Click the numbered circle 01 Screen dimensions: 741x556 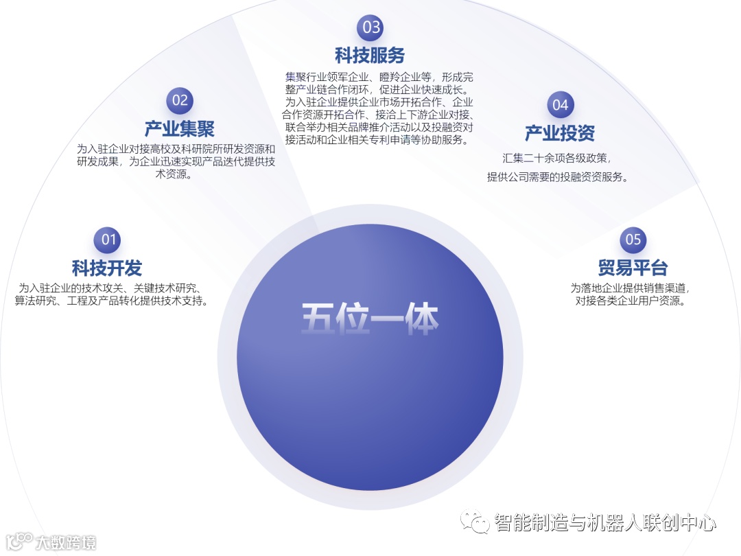coord(109,240)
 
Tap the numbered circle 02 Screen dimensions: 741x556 coord(180,100)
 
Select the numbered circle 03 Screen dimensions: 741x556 coord(370,27)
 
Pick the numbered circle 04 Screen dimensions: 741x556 coord(561,105)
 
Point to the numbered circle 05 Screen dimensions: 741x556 coord(633,240)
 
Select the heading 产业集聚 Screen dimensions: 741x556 coord(180,128)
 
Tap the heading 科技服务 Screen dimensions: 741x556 coord(370,55)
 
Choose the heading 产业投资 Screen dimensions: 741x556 coord(560,133)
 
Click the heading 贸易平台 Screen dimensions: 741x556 coord(633,268)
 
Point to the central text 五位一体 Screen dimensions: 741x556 coord(370,319)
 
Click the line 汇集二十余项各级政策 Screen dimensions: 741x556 coord(556,159)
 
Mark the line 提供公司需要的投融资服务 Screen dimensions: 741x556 coord(558,177)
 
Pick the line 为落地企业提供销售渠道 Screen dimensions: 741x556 coord(630,288)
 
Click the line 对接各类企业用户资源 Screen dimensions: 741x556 coord(630,301)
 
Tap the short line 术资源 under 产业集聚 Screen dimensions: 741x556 coord(176,174)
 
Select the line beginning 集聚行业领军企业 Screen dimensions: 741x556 coord(379,78)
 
